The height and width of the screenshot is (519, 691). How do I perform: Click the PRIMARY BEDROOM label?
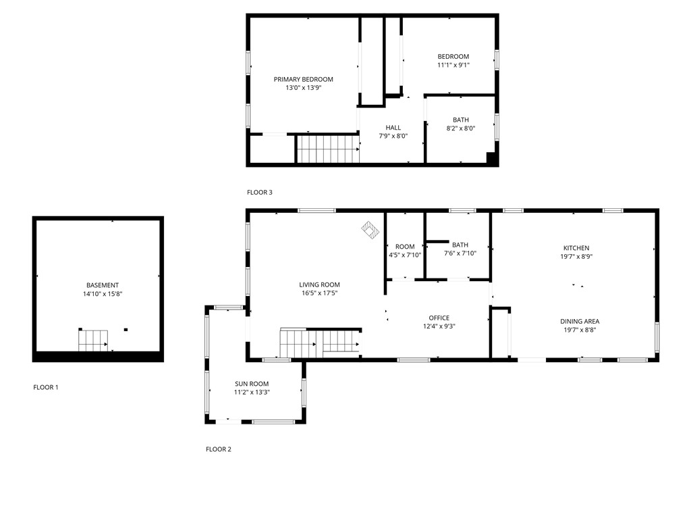[x=303, y=79]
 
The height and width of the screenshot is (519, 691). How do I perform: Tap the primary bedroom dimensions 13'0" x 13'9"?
[x=303, y=88]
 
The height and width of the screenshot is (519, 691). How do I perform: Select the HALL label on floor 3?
[x=393, y=127]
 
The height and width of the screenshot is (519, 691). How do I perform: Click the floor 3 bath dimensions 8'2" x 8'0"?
[x=461, y=128]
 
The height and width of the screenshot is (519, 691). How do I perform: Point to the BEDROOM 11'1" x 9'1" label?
[x=453, y=57]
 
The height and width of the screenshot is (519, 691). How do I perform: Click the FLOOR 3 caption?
[x=260, y=193]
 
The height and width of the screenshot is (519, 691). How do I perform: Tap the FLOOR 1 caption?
[x=46, y=387]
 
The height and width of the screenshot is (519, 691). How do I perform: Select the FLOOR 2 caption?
[x=219, y=449]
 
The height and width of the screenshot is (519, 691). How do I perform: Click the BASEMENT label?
[x=103, y=285]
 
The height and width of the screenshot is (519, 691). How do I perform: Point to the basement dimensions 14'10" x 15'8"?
[x=103, y=294]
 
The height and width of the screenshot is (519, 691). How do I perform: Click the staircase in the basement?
[x=93, y=341]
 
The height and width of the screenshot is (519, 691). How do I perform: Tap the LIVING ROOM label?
[x=320, y=285]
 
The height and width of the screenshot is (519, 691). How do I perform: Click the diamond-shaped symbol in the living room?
[x=370, y=230]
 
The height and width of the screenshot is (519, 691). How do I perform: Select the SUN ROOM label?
[x=252, y=384]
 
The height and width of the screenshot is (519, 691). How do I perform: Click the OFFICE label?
[x=439, y=318]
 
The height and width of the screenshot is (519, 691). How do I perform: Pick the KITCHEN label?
[x=576, y=248]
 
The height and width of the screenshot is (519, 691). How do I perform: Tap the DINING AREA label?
[x=580, y=321]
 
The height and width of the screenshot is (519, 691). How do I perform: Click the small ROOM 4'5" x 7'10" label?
[x=405, y=247]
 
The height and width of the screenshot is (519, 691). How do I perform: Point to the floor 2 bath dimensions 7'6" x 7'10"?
[x=460, y=254]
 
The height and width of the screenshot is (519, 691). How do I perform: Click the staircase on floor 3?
[x=327, y=149]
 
